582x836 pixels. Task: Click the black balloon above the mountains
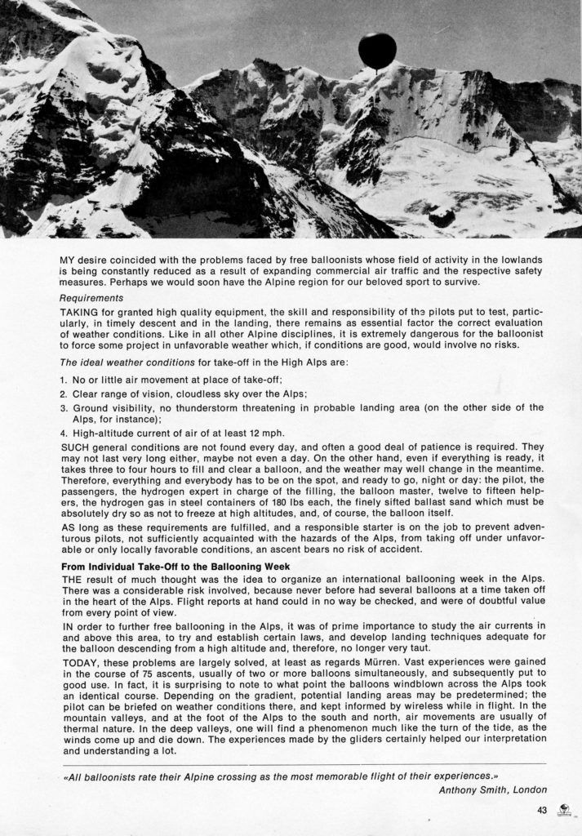(376, 50)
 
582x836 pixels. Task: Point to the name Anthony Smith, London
(492, 789)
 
